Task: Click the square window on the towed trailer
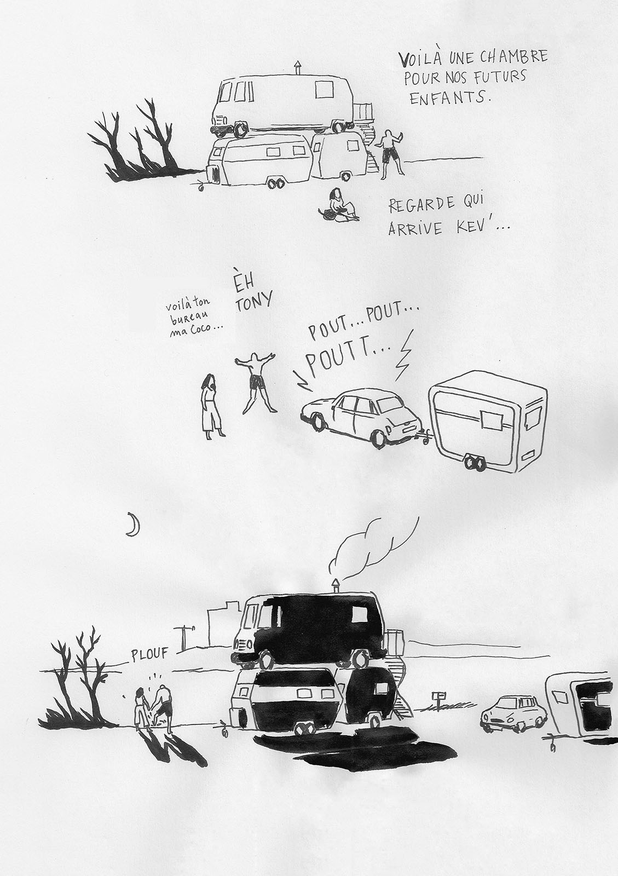pyautogui.click(x=493, y=418)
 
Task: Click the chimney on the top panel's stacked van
pyautogui.click(x=297, y=68)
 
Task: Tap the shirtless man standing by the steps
pyautogui.click(x=389, y=154)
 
